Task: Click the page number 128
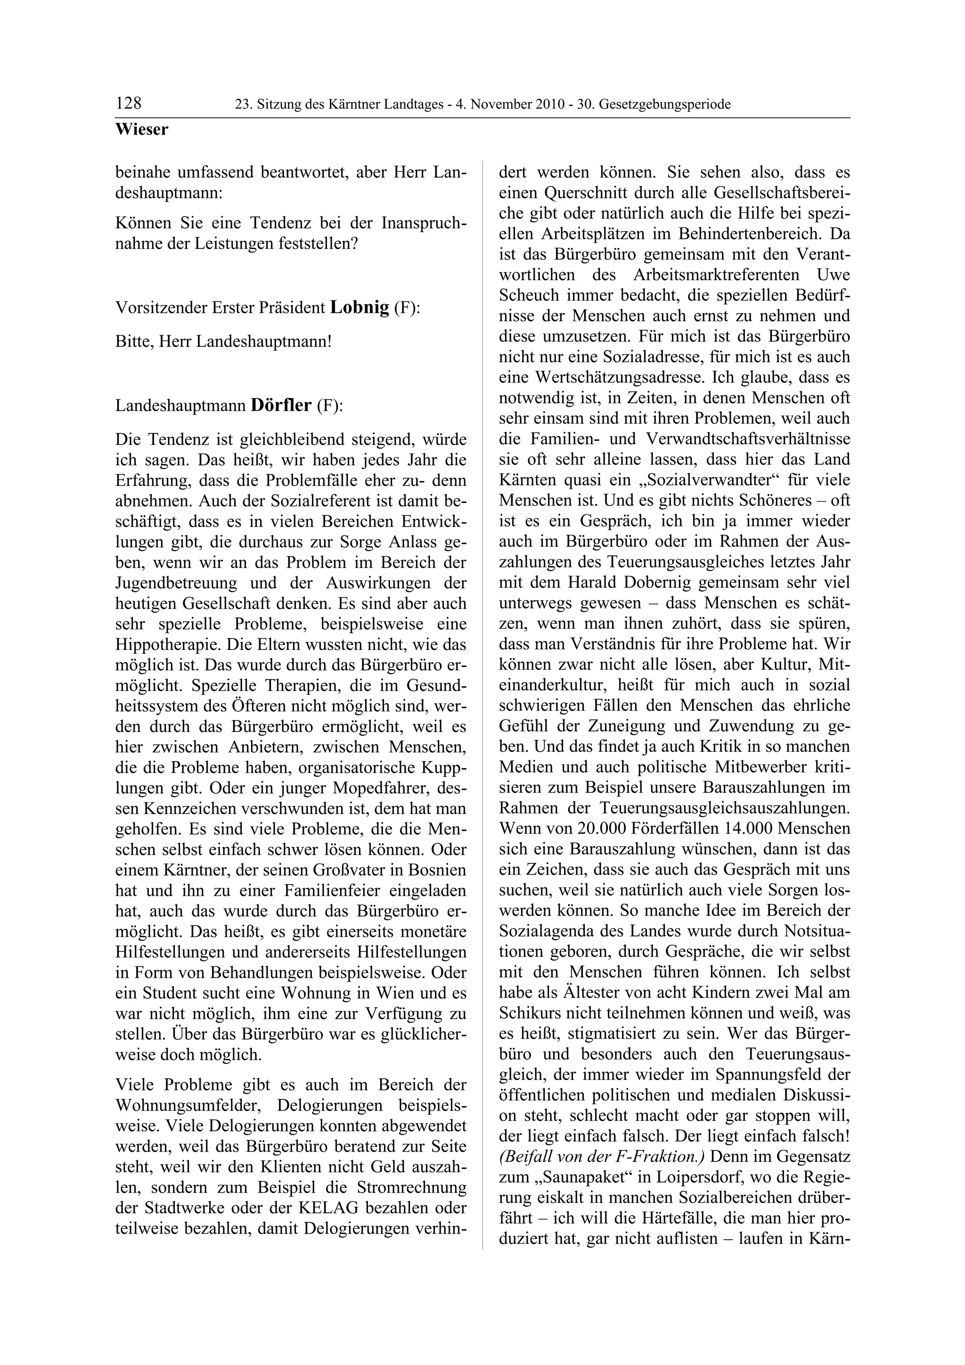tap(129, 104)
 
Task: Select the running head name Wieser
tap(141, 130)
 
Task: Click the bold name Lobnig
tap(359, 308)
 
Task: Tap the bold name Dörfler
tap(281, 406)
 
